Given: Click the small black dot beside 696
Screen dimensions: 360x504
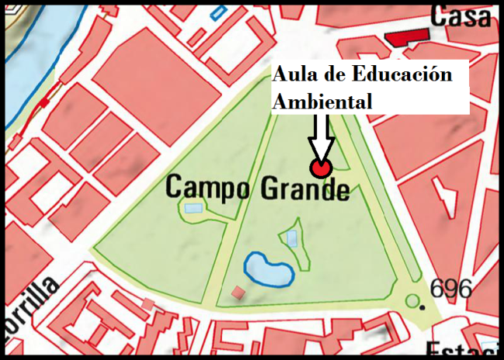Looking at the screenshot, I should pos(422,307).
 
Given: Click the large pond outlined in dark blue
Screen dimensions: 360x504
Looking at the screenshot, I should pos(269,269).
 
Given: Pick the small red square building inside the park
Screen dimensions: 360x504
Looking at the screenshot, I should pos(238,292).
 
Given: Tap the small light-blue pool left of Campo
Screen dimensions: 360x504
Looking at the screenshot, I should pos(193,207).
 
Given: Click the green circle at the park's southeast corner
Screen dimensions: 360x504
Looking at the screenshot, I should pos(413,300).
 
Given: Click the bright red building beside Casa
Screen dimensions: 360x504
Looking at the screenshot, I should pos(407,36).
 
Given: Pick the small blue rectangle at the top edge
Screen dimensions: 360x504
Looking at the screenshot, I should pos(219,13).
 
